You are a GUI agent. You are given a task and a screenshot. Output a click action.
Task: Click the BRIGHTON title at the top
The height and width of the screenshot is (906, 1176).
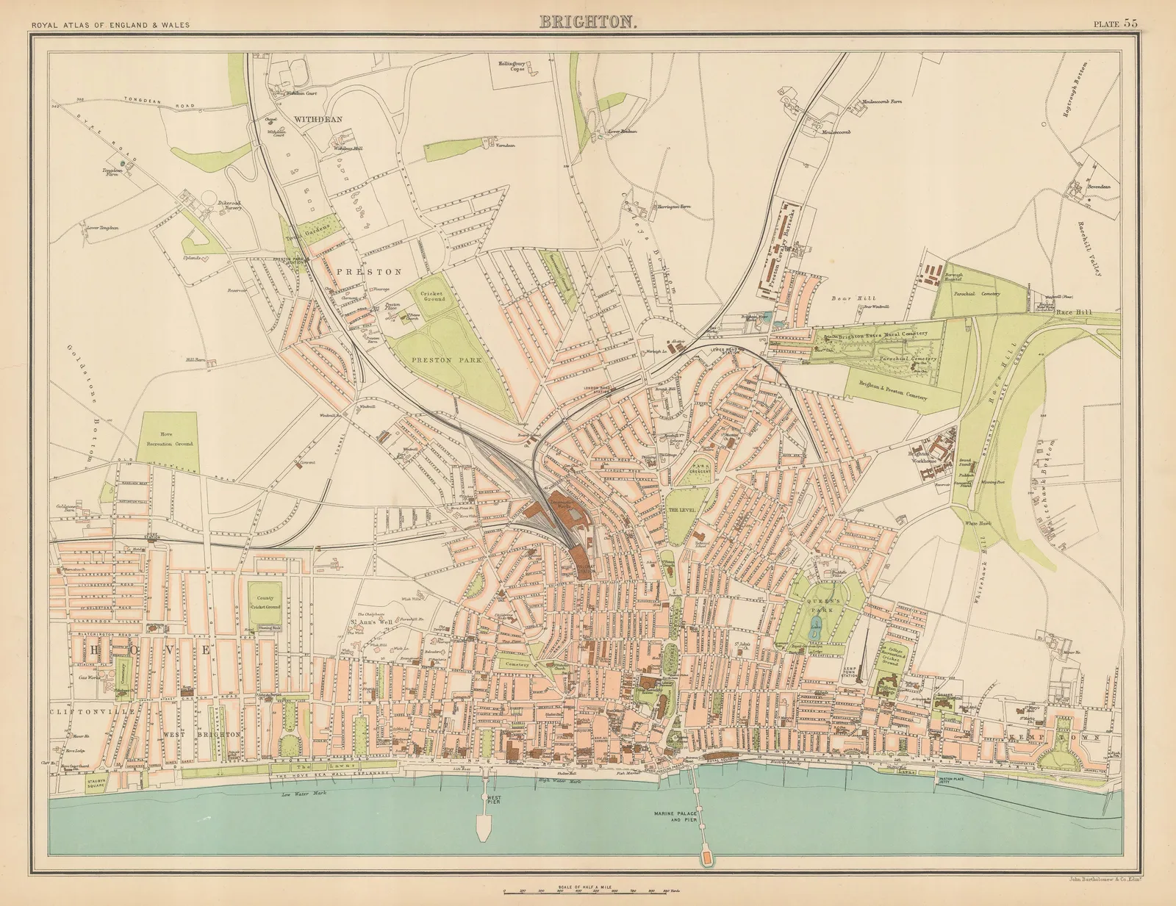click(x=588, y=21)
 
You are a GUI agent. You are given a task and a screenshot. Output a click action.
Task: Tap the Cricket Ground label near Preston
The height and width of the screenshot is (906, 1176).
click(x=433, y=296)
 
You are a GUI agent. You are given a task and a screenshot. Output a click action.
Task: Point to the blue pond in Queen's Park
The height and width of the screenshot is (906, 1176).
click(x=814, y=627)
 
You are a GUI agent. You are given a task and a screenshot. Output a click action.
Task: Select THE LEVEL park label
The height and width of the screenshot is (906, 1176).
click(x=680, y=510)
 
